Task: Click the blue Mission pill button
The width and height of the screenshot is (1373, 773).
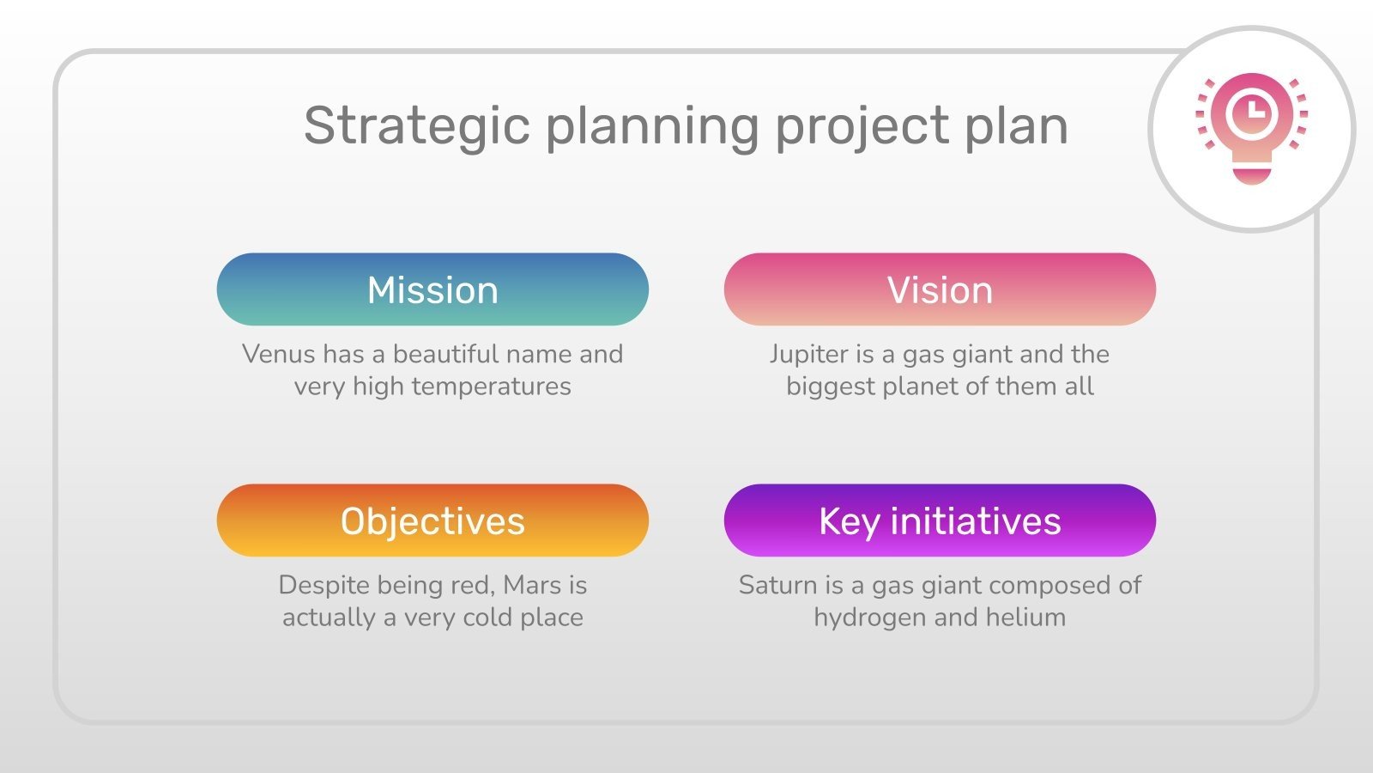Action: coord(432,289)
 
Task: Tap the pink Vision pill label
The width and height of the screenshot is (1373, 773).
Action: coord(940,289)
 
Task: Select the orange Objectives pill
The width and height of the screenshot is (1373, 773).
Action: coord(432,520)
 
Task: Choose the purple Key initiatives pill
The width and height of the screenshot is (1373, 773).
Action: coord(940,520)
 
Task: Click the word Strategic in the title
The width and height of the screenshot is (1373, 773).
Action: coord(417,126)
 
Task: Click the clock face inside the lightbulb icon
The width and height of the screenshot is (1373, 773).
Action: coord(1251,112)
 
